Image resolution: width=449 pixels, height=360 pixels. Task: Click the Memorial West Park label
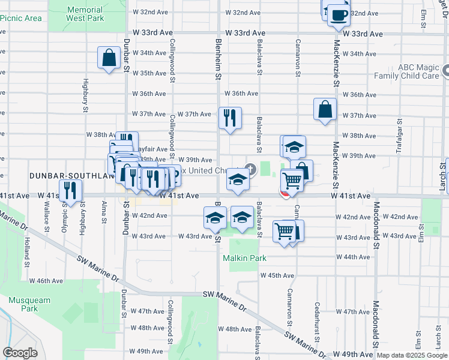click(x=85, y=14)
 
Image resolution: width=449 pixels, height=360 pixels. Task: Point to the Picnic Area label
click(x=21, y=18)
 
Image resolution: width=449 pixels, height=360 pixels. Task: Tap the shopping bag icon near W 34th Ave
click(x=109, y=58)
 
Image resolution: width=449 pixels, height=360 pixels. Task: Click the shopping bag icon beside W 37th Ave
click(x=324, y=109)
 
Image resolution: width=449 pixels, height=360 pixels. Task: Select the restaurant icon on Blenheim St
click(x=230, y=118)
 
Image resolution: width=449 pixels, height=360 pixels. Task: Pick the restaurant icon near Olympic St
click(x=71, y=191)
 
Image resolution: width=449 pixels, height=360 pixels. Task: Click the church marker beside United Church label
click(x=250, y=170)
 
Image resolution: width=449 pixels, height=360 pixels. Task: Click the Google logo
click(x=20, y=353)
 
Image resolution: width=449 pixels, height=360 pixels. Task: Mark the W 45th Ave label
click(x=277, y=275)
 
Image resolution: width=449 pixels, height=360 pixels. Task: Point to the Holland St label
click(x=26, y=252)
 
